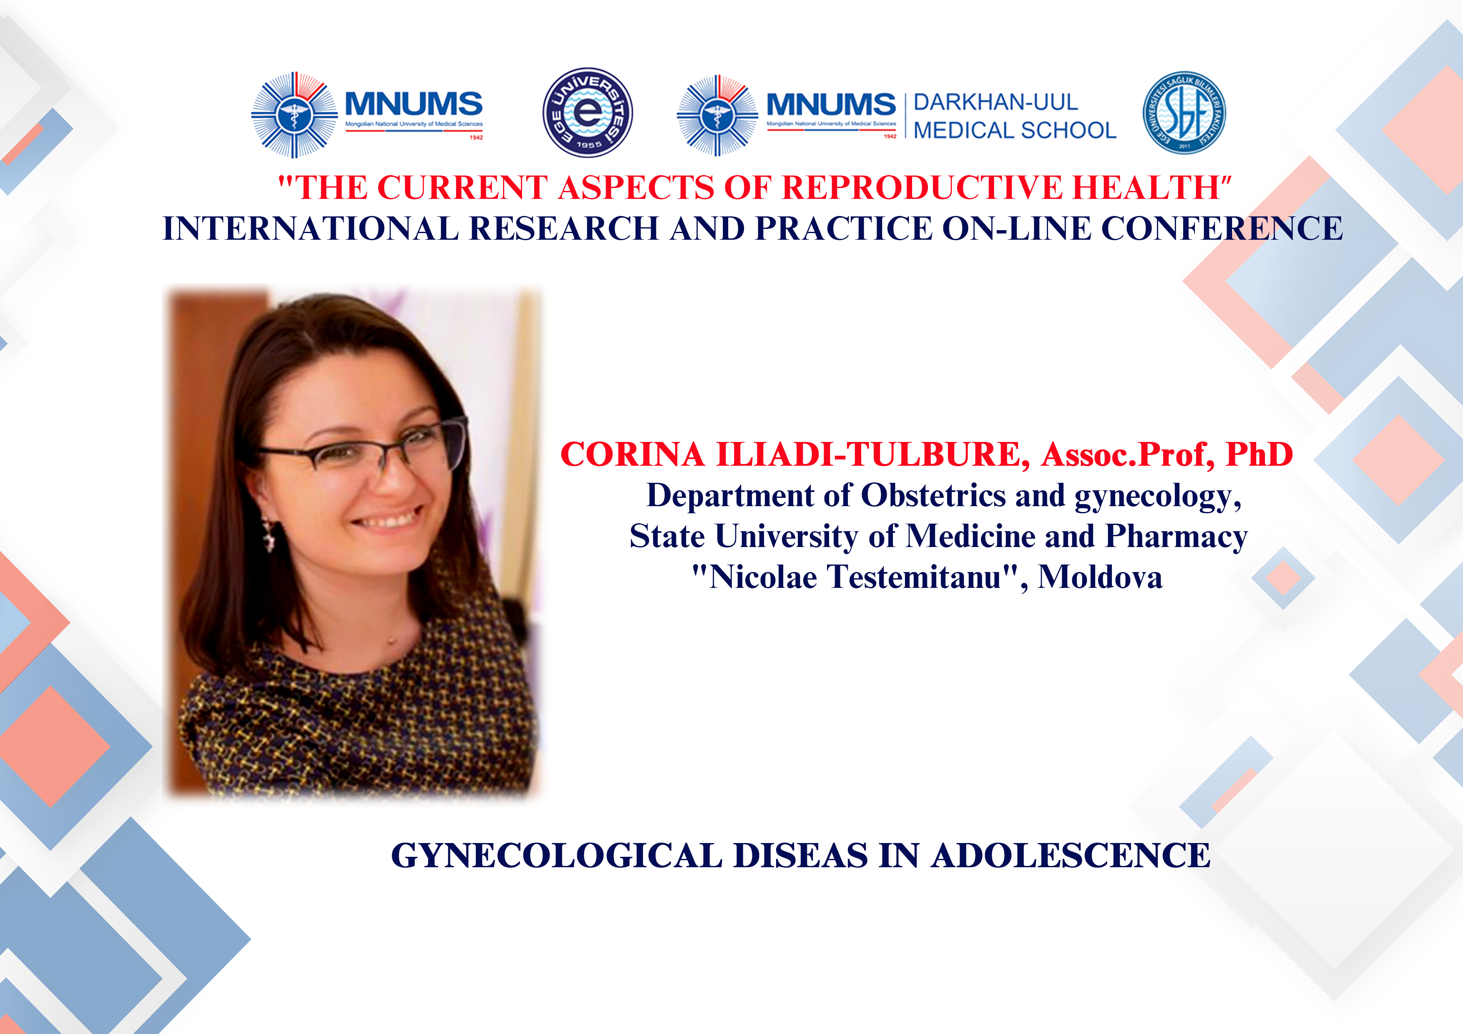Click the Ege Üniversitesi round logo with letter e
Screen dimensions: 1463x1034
click(588, 113)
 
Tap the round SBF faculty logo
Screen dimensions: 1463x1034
click(1184, 113)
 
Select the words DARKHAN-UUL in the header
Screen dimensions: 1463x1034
click(995, 102)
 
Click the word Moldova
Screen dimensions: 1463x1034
click(1101, 577)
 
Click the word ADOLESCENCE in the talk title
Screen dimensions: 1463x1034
click(1071, 855)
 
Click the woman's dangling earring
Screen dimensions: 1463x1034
click(269, 535)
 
